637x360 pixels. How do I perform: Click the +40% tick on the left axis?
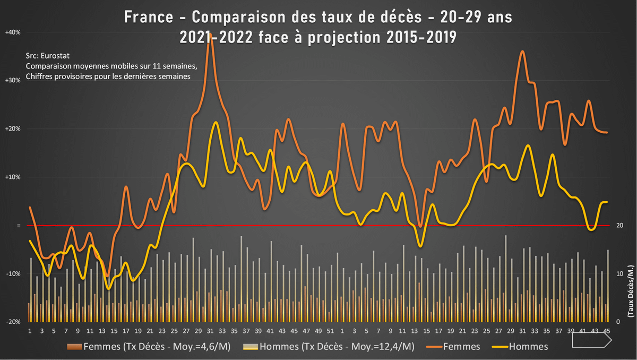[13, 32]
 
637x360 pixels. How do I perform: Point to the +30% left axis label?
[13, 81]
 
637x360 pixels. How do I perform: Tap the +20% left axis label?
[13, 129]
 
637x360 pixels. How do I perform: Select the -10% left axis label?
[13, 274]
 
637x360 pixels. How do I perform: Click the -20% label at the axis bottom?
[13, 322]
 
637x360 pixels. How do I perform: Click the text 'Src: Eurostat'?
[48, 55]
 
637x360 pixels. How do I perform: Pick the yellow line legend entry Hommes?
[528, 347]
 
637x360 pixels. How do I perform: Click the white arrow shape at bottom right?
[590, 344]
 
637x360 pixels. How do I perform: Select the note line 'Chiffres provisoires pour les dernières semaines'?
[108, 76]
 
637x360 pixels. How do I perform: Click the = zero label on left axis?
[18, 226]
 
